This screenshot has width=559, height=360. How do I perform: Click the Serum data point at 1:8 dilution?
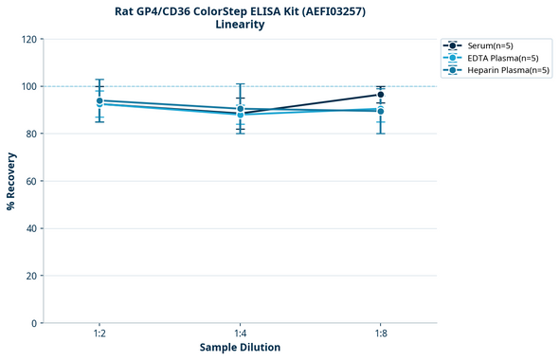[x=381, y=95]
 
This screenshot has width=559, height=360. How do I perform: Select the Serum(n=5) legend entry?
[x=490, y=45]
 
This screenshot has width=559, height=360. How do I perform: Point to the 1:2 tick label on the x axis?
[x=99, y=334]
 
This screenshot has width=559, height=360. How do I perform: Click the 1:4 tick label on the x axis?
[x=241, y=334]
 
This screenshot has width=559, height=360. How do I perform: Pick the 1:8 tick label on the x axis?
[x=381, y=334]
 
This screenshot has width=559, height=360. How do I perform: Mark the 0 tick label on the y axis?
[x=34, y=323]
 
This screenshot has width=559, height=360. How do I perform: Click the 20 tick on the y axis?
[x=31, y=276]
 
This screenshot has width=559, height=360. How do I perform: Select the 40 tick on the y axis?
[x=31, y=228]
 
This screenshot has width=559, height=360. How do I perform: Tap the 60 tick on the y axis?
[x=31, y=181]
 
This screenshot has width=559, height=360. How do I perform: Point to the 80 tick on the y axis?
[x=31, y=134]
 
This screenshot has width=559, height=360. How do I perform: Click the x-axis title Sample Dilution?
[x=240, y=348]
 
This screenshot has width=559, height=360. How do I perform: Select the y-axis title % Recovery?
[x=11, y=181]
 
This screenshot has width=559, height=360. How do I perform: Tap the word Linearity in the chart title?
[x=240, y=25]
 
